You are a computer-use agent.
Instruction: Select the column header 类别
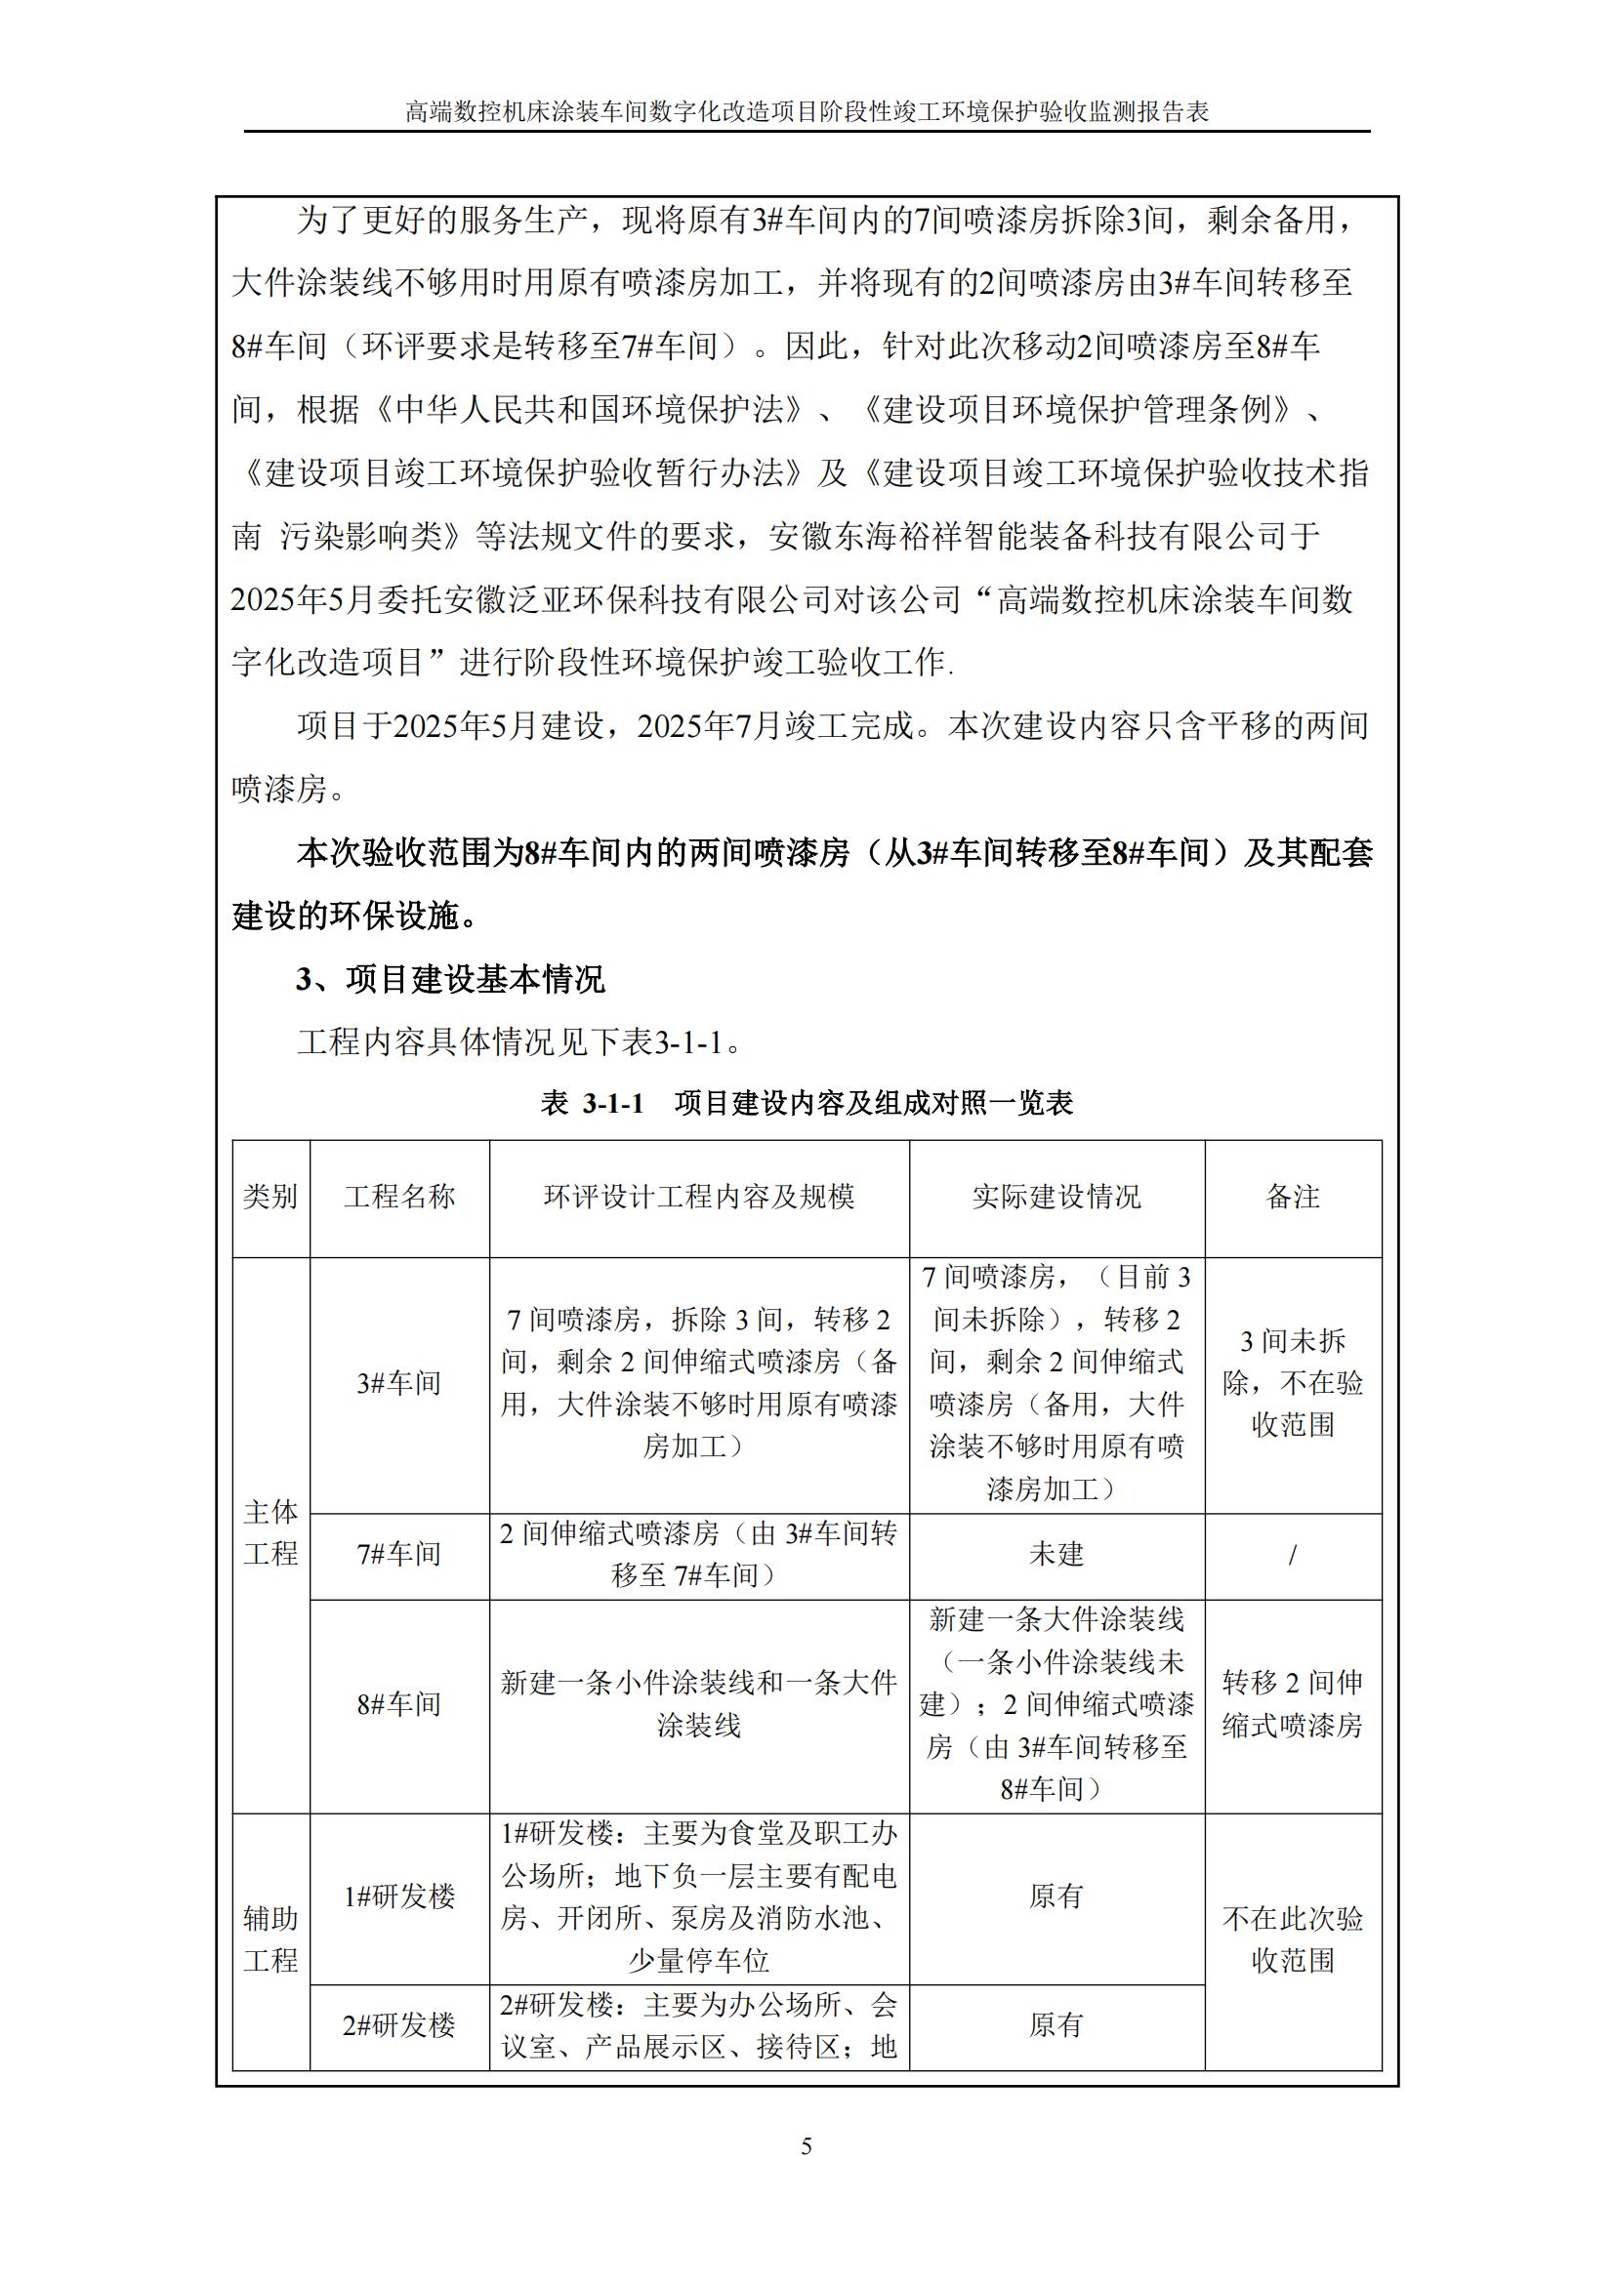click(x=270, y=1197)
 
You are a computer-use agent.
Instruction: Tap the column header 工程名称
click(x=398, y=1197)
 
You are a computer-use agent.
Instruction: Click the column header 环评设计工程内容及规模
click(x=698, y=1197)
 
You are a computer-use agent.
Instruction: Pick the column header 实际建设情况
click(x=1056, y=1197)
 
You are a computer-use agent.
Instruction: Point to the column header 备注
click(x=1293, y=1197)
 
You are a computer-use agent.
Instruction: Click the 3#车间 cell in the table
click(x=398, y=1382)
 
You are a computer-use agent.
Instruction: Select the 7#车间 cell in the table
click(x=398, y=1553)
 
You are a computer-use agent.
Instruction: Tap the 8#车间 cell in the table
click(x=398, y=1704)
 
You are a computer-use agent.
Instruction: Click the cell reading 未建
click(x=1056, y=1553)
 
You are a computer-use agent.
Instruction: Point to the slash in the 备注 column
click(x=1293, y=1553)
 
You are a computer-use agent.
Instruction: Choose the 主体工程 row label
click(x=270, y=1532)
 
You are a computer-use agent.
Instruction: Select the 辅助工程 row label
click(x=270, y=1939)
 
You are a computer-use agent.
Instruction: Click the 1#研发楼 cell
click(x=398, y=1896)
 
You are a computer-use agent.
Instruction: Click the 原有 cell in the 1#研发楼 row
click(x=1056, y=1896)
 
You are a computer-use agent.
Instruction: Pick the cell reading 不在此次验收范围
click(x=1293, y=1939)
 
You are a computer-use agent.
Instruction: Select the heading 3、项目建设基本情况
click(x=450, y=979)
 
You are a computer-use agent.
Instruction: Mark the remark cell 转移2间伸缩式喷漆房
click(x=1293, y=1704)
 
